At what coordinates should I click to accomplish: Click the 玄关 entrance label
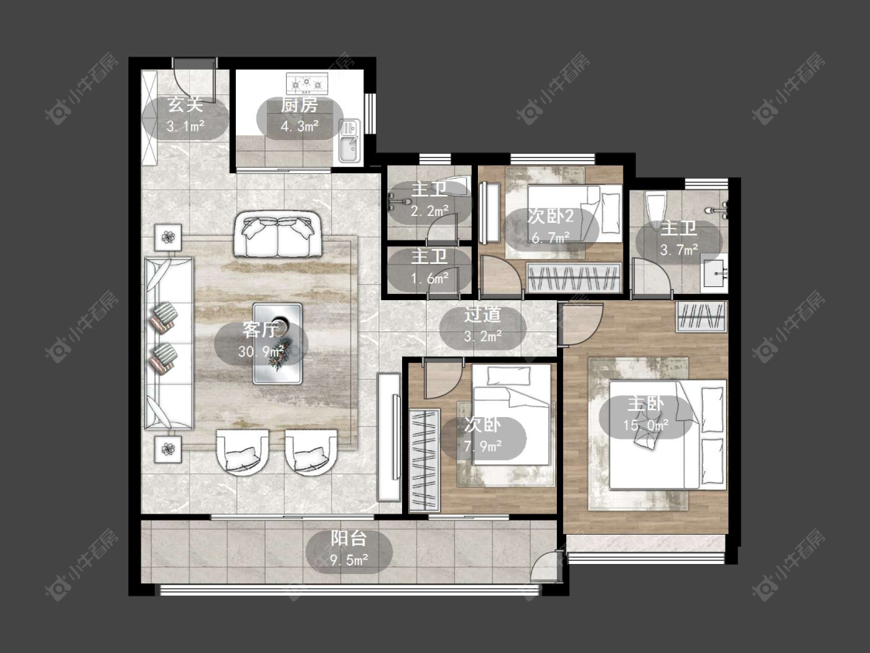[x=186, y=104]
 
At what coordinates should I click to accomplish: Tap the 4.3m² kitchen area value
[x=299, y=126]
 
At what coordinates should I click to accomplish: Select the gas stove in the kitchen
[x=307, y=84]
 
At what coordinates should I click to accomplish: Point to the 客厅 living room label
[x=260, y=330]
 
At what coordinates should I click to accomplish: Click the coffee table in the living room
[x=278, y=344]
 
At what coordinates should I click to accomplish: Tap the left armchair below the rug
[x=242, y=451]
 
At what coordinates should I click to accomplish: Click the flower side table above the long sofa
[x=168, y=238]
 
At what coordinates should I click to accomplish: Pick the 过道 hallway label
[x=483, y=315]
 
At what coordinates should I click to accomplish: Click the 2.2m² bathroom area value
[x=429, y=211]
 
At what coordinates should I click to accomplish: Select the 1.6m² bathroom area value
[x=429, y=279]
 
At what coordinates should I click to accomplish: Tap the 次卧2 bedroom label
[x=551, y=216]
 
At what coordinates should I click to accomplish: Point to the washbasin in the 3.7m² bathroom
[x=714, y=273]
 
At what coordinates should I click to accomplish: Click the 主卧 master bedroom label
[x=645, y=404]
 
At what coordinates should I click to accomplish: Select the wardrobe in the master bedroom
[x=701, y=317]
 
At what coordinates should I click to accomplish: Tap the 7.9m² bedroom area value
[x=483, y=446]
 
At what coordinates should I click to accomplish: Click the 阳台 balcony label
[x=349, y=538]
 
